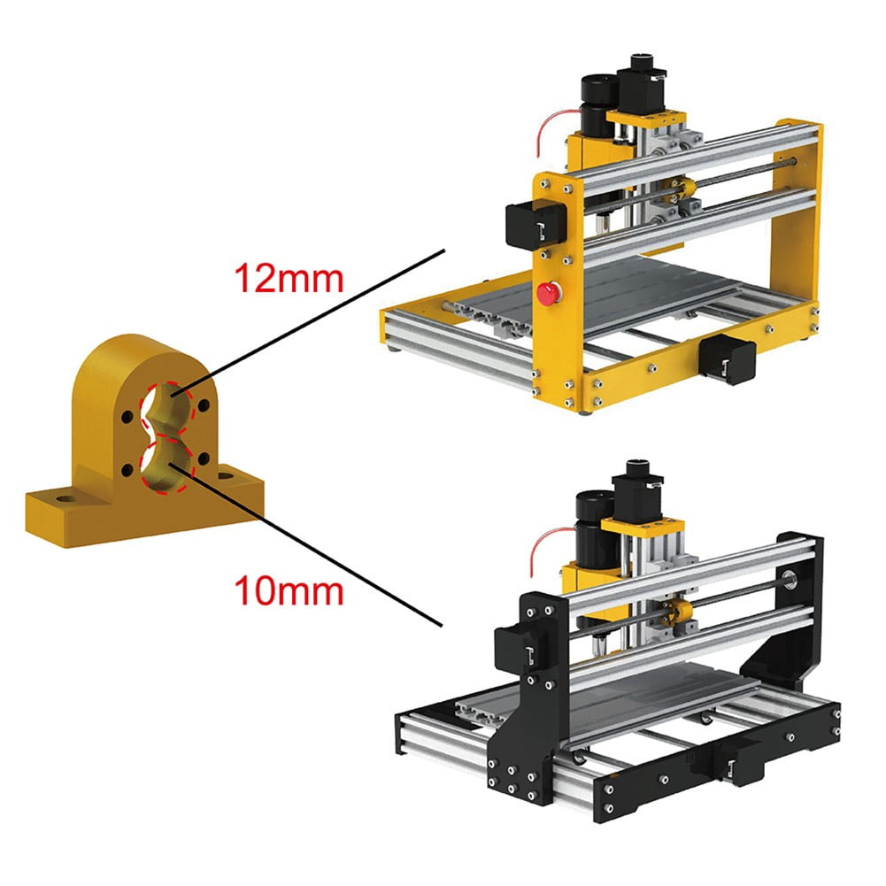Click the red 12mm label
(287, 279)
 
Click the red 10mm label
(287, 589)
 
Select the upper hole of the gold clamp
(167, 404)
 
